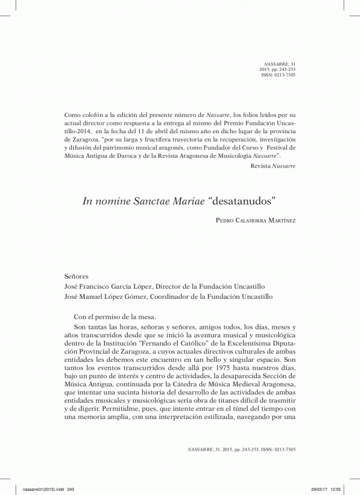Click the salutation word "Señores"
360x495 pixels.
click(x=76, y=277)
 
